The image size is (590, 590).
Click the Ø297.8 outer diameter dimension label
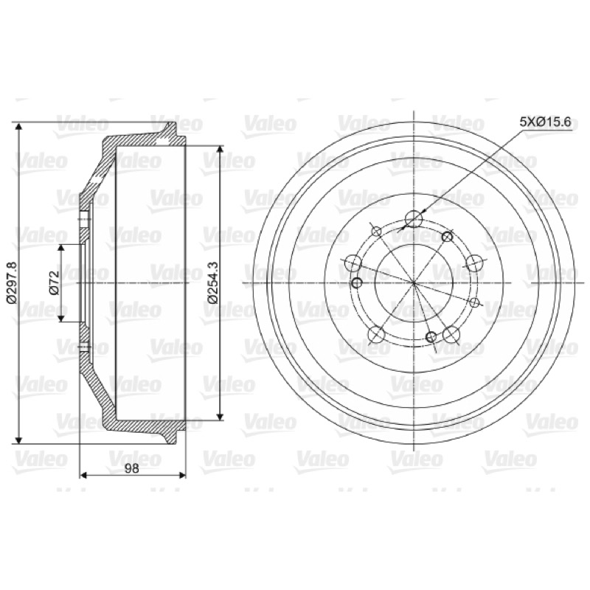[x=12, y=282]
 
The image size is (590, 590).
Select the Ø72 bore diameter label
[x=55, y=283]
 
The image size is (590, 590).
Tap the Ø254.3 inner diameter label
[x=213, y=282]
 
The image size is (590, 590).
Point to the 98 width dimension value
[x=132, y=468]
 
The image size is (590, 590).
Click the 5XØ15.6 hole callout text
[x=545, y=122]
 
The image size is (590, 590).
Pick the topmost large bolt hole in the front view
[x=414, y=219]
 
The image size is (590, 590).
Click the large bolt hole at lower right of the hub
[x=451, y=334]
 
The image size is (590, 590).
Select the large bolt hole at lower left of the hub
[x=376, y=335]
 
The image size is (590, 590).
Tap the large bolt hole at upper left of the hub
[x=353, y=263]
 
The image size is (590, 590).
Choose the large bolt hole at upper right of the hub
[x=474, y=263]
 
